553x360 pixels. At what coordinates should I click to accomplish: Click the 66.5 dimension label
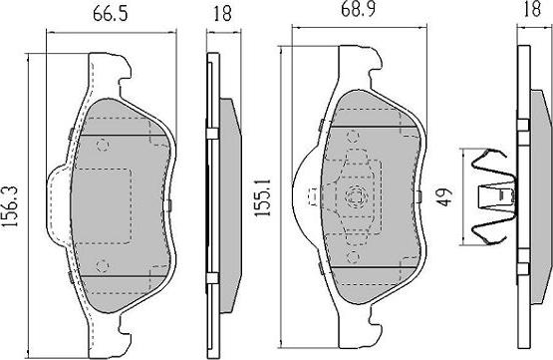110,15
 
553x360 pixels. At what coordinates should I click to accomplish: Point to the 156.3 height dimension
10,206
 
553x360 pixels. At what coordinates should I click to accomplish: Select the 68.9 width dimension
359,9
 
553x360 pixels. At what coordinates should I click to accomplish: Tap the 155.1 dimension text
262,197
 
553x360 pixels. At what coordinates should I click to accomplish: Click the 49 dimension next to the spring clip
445,197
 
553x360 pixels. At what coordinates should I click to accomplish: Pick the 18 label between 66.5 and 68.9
223,14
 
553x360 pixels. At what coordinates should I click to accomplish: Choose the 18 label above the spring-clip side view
532,8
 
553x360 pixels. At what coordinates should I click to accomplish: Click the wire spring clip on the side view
493,196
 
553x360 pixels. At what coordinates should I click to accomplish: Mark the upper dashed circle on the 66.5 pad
103,145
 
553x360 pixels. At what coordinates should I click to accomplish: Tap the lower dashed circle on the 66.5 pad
103,265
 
